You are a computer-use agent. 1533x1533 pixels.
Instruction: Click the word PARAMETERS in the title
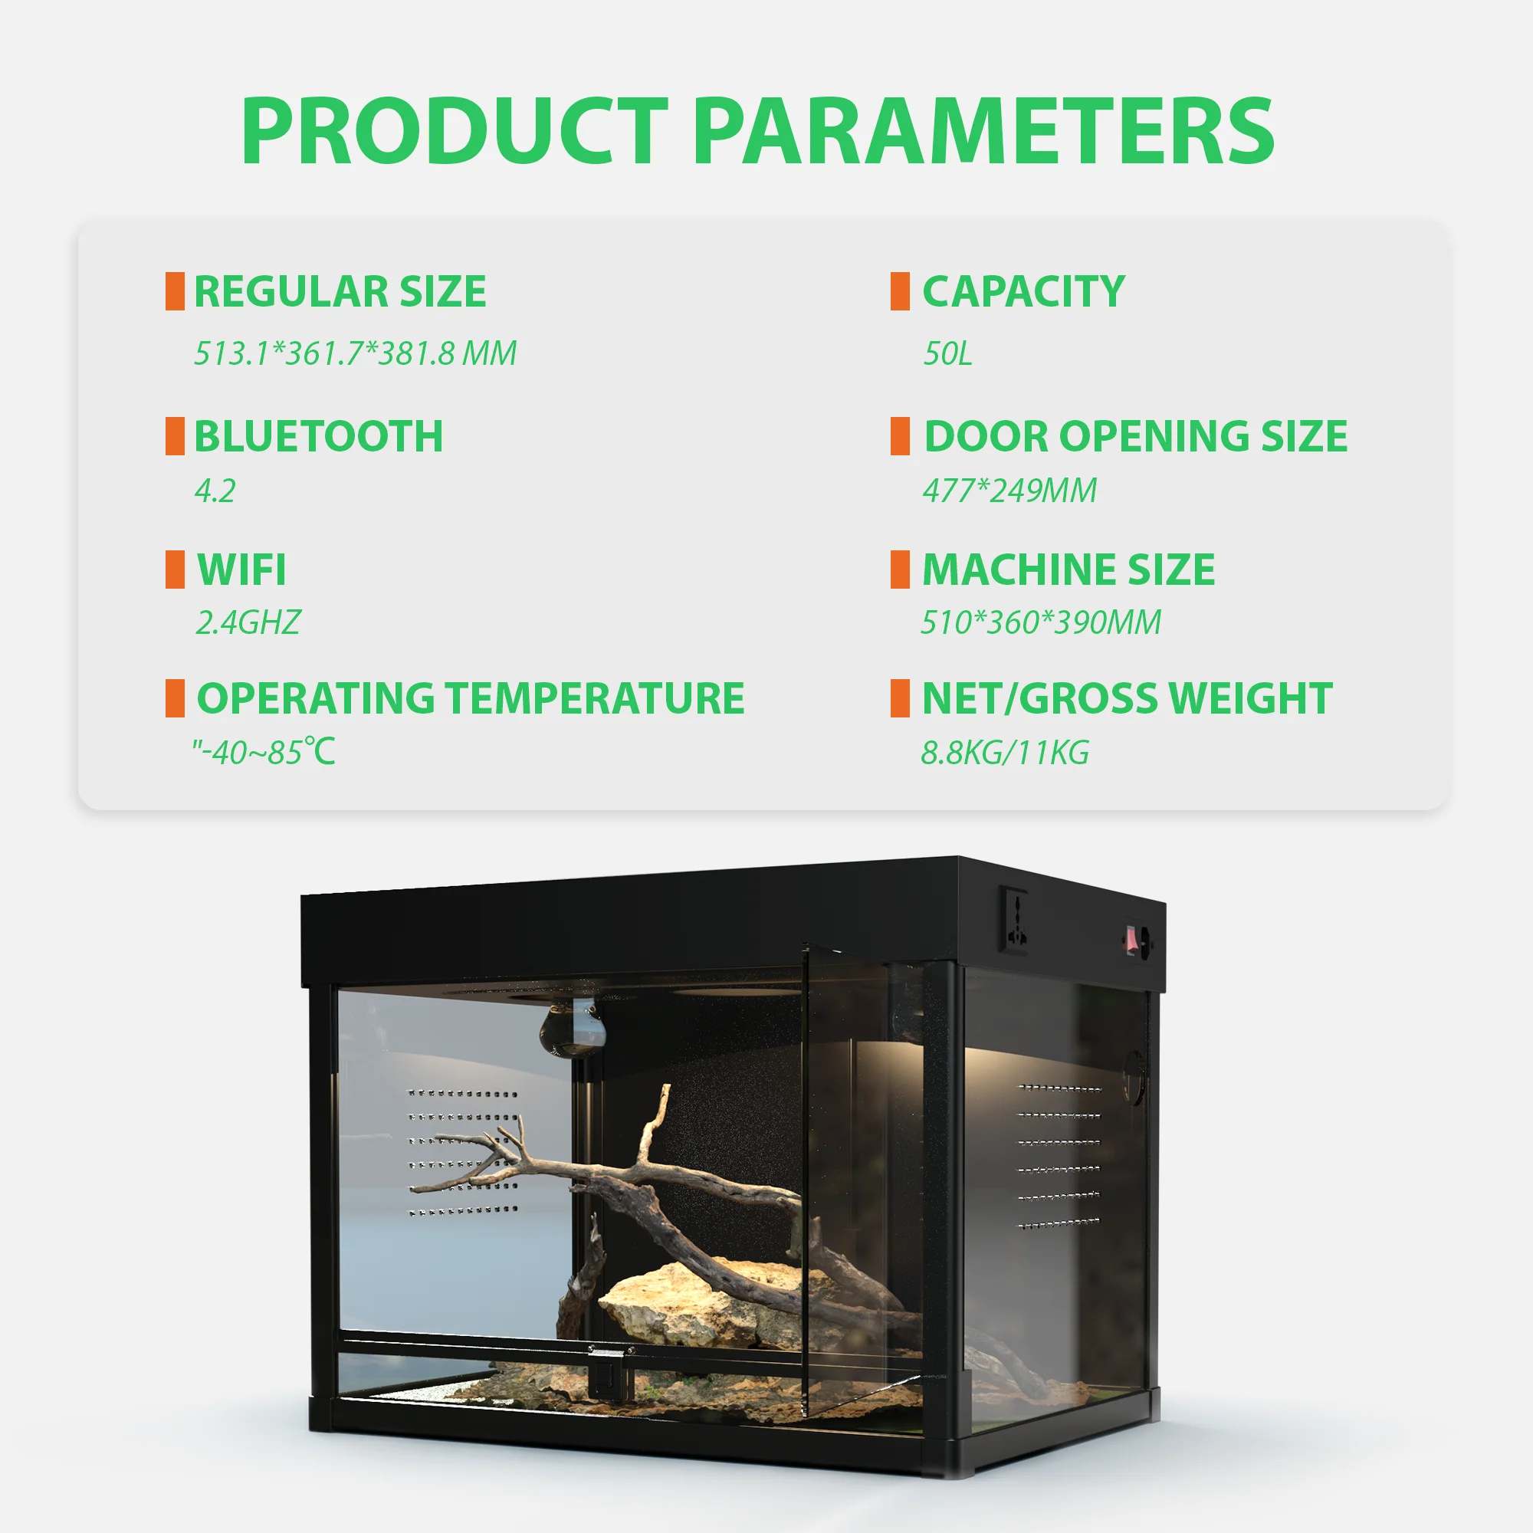click(x=985, y=131)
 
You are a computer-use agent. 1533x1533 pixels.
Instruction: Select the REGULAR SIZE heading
click(x=340, y=291)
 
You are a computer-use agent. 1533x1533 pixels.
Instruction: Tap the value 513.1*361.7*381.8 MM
click(x=356, y=353)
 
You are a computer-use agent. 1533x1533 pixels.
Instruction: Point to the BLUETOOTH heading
click(x=319, y=436)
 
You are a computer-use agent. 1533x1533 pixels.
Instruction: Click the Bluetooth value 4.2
click(x=215, y=491)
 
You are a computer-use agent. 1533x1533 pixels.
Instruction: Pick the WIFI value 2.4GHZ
click(x=248, y=623)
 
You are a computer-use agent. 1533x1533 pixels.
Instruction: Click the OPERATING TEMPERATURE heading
click(x=471, y=698)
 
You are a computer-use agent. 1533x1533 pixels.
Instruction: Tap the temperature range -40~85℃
click(x=264, y=752)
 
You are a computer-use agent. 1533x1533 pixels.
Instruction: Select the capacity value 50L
click(x=947, y=353)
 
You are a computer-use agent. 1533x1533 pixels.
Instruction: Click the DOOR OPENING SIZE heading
click(x=1135, y=436)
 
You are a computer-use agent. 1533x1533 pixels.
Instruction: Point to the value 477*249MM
click(x=1009, y=491)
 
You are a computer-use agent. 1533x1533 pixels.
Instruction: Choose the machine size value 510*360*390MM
click(x=1041, y=623)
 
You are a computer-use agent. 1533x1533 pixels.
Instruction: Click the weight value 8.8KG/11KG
click(x=1006, y=752)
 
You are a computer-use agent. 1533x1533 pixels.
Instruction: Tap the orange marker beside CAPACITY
click(x=900, y=291)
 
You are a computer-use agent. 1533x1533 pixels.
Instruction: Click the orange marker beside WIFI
click(x=175, y=570)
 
